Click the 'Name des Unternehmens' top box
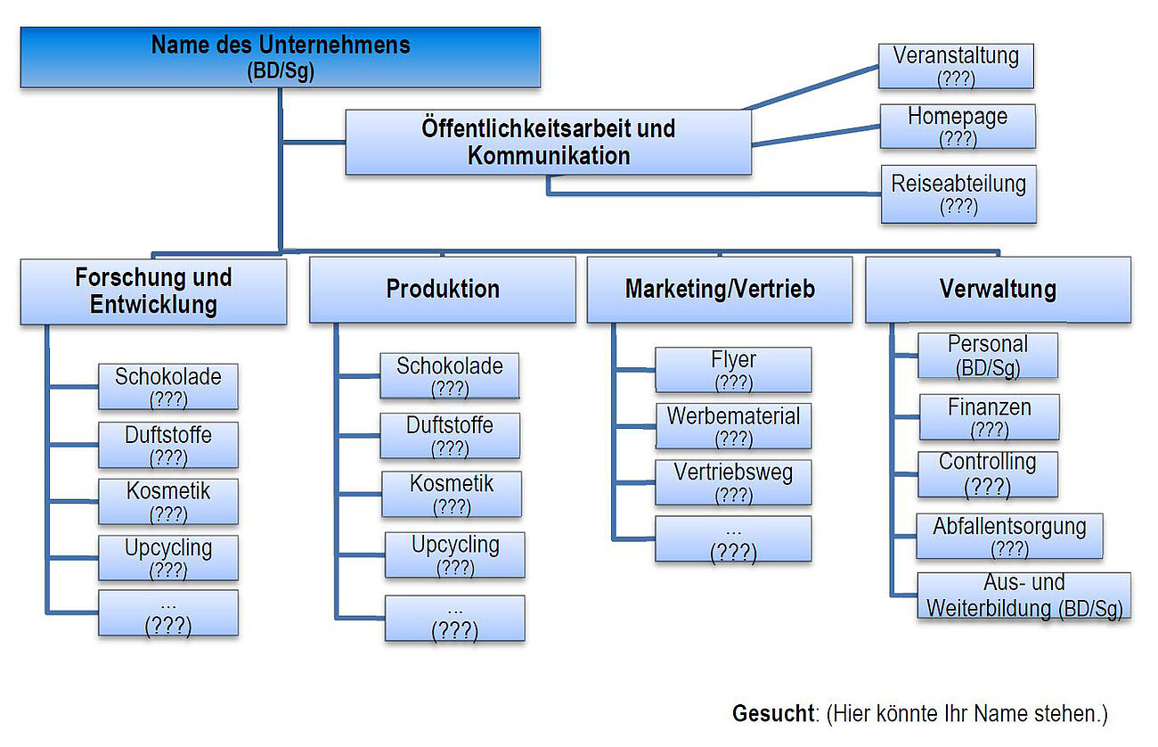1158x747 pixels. point(280,57)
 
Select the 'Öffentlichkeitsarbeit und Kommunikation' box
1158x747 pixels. point(548,142)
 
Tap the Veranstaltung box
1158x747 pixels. point(956,66)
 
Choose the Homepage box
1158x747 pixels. point(958,127)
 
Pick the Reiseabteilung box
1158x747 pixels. point(958,194)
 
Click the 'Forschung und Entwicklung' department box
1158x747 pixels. point(153,291)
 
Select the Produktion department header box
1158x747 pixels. point(442,290)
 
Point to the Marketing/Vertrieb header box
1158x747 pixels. point(719,290)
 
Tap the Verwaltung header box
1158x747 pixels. point(998,290)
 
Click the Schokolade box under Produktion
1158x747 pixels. point(450,376)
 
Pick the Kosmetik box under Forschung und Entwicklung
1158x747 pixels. point(168,501)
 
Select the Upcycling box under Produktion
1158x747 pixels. point(454,554)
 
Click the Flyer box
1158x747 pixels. point(733,370)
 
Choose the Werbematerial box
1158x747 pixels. point(733,426)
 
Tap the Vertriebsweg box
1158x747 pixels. point(733,482)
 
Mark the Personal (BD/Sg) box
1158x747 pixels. point(988,356)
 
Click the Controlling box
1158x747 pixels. point(988,474)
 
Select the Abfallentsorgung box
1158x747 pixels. point(1009,536)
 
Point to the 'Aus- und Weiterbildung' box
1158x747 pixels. point(1023,595)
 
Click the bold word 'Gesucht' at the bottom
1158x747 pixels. point(772,713)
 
